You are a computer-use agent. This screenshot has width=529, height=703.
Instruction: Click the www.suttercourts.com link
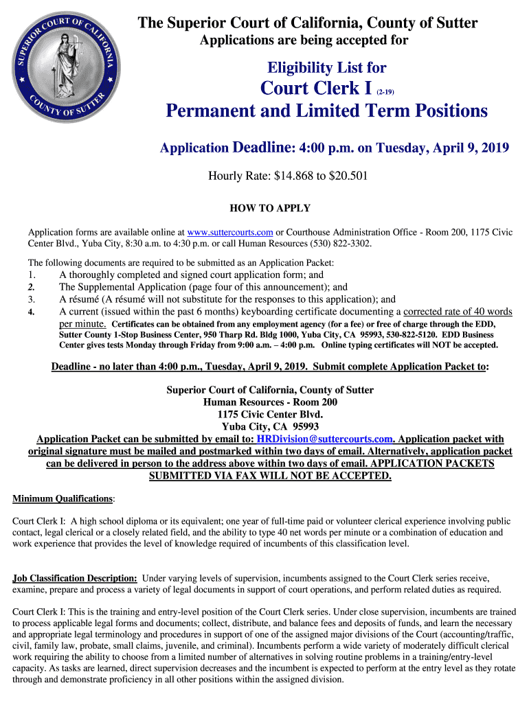(230, 232)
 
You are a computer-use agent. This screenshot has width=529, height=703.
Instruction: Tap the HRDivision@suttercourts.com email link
(325, 439)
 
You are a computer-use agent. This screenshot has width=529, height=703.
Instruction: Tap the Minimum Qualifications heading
(63, 498)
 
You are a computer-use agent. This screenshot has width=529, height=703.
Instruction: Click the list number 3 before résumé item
(32, 299)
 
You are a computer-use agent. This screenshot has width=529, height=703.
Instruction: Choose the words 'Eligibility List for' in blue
(327, 68)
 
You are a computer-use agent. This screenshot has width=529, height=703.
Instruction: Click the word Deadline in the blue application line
(263, 148)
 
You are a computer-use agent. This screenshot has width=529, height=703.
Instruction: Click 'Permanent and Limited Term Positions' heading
(327, 111)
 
